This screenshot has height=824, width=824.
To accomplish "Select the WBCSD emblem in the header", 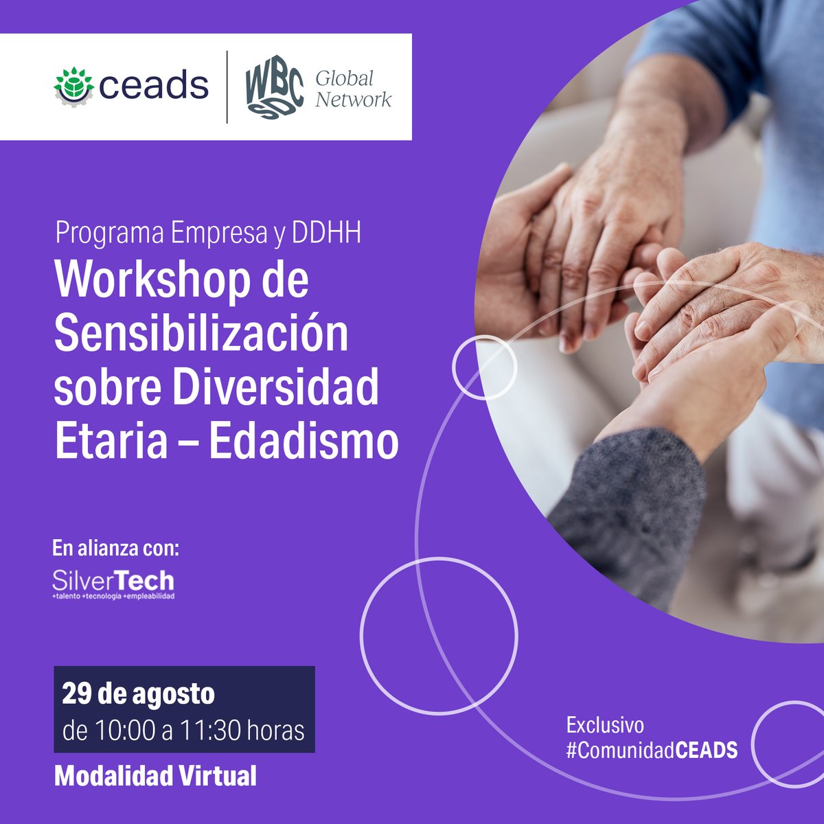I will point(275,87).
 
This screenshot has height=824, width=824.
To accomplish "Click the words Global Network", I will point(353,88).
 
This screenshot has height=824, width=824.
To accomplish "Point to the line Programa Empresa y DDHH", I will point(207,234).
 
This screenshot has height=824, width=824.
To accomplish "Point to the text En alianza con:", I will point(116,549).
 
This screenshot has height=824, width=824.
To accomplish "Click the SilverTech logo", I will point(113,584).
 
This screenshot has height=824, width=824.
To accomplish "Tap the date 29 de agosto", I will point(138,694).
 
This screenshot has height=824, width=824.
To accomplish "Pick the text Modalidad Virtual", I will point(155,776).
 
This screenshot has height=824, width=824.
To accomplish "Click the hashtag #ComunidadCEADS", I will point(652,750).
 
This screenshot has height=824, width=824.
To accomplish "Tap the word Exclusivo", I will point(605,725).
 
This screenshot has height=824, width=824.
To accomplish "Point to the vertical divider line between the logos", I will point(227,87).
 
